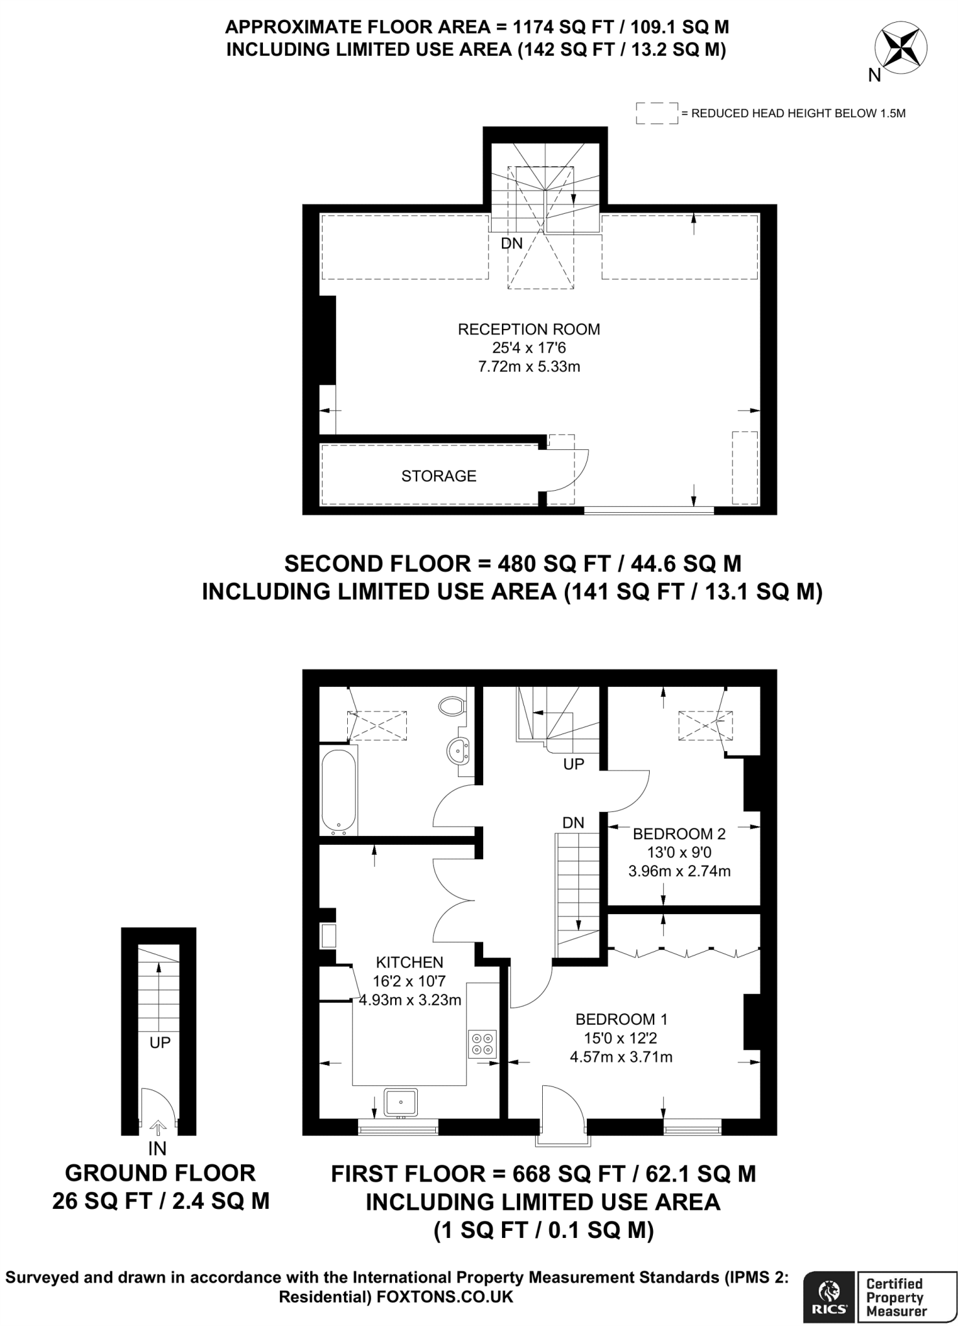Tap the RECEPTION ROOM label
(x=529, y=330)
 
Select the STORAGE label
(x=439, y=477)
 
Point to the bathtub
(x=337, y=789)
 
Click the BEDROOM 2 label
(x=679, y=834)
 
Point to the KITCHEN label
(x=409, y=962)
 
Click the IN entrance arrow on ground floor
(x=157, y=1129)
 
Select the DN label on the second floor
(x=512, y=243)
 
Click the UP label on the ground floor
(x=159, y=1043)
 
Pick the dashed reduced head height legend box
(x=656, y=113)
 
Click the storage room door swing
(x=570, y=471)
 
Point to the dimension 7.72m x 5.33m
(x=529, y=367)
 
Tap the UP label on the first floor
(x=573, y=764)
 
